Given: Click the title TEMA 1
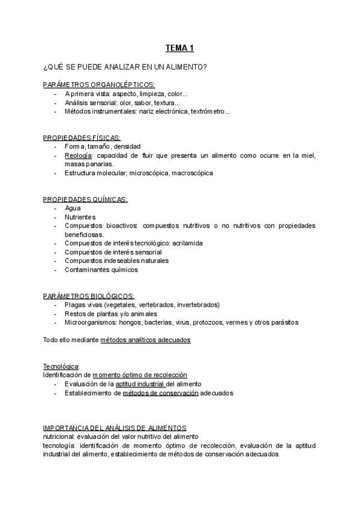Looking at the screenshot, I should click(x=179, y=48).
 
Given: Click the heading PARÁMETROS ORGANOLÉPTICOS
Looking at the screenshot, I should click(x=99, y=85).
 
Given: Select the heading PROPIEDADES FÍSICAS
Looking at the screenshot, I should click(x=82, y=137).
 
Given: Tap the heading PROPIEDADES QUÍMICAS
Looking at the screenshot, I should click(x=85, y=199).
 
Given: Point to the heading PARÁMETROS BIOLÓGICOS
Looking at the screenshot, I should click(x=89, y=296).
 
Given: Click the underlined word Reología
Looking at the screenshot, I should click(x=78, y=155).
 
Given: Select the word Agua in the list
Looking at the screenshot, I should click(x=73, y=208).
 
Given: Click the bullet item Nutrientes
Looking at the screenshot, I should click(x=80, y=217).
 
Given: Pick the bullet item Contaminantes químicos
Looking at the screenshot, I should click(x=101, y=270).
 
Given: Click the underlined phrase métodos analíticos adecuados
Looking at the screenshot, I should click(x=145, y=340).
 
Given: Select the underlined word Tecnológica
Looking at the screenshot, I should click(x=61, y=366).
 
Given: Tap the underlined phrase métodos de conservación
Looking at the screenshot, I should click(x=160, y=393).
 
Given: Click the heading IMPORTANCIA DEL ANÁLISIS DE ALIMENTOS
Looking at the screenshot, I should click(x=115, y=428).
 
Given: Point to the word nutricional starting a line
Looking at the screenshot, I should click(x=59, y=436).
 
